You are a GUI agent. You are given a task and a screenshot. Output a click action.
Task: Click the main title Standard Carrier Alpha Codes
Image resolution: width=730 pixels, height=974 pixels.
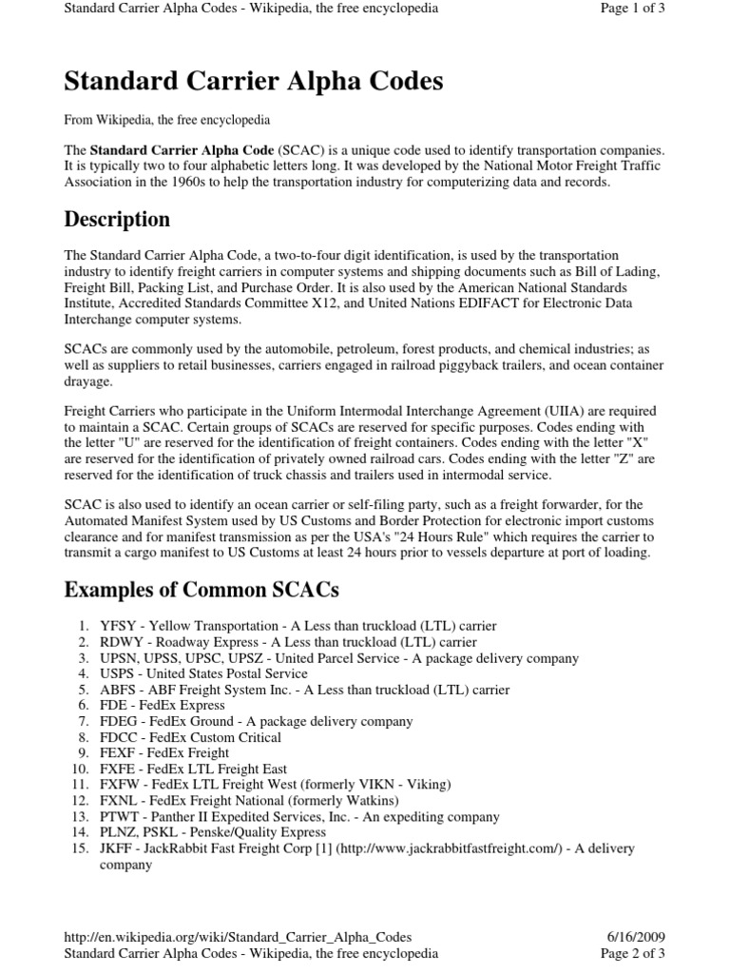click(253, 83)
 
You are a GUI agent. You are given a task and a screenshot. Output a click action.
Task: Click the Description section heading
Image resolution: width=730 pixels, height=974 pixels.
click(117, 220)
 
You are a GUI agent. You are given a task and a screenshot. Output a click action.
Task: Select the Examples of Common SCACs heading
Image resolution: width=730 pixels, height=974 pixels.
click(201, 590)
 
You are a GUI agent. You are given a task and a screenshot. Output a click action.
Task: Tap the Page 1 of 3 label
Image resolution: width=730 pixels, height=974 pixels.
click(632, 9)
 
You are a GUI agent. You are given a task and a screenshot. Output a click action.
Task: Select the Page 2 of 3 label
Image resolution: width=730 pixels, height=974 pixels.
click(632, 953)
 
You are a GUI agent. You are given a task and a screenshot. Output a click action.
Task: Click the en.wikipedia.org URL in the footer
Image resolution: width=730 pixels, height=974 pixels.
click(238, 937)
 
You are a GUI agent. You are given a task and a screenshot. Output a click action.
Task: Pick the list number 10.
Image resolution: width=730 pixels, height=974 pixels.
click(81, 769)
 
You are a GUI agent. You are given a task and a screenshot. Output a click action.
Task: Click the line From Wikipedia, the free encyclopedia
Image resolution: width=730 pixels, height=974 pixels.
click(167, 121)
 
